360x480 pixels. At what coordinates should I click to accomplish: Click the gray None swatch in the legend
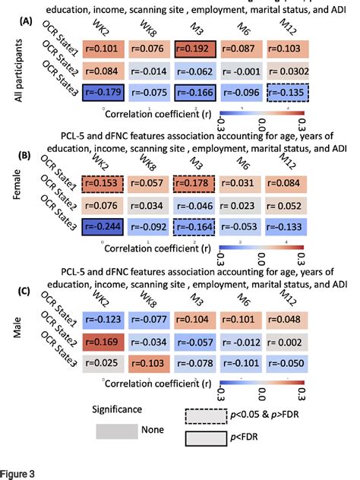(117, 431)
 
